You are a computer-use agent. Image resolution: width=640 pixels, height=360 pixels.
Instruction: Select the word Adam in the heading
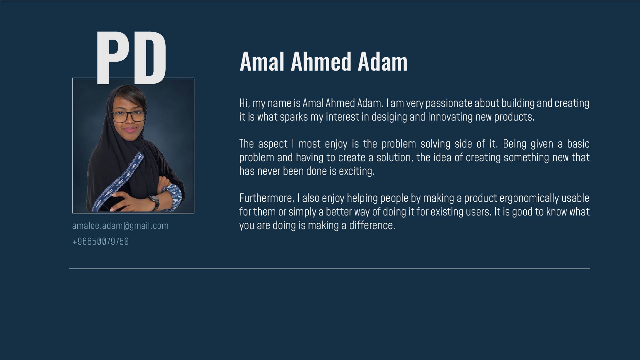[382, 61]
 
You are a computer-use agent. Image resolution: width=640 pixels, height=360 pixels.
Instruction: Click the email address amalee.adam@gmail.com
[120, 226]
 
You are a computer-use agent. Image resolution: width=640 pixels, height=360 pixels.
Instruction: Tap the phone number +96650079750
[100, 241]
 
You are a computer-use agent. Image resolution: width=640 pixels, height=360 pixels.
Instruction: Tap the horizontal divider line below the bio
[329, 268]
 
